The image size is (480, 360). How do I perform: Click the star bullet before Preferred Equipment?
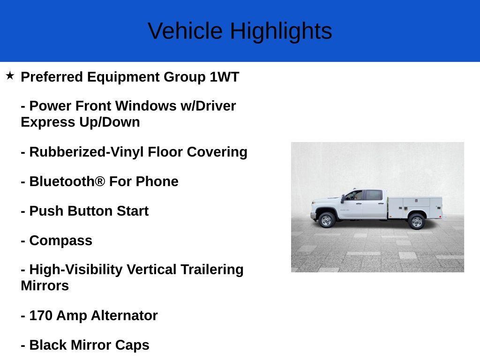tap(10, 75)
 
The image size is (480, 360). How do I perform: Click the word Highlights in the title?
tap(281, 31)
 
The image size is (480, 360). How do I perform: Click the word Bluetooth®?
tap(67, 181)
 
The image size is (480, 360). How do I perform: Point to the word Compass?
tap(60, 240)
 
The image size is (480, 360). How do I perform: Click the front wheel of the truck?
tap(326, 220)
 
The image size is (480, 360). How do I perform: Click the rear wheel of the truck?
tap(416, 221)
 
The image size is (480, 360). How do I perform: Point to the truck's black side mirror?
tap(343, 198)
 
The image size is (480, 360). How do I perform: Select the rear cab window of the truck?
tap(373, 195)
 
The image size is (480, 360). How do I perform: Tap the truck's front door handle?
tap(360, 203)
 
